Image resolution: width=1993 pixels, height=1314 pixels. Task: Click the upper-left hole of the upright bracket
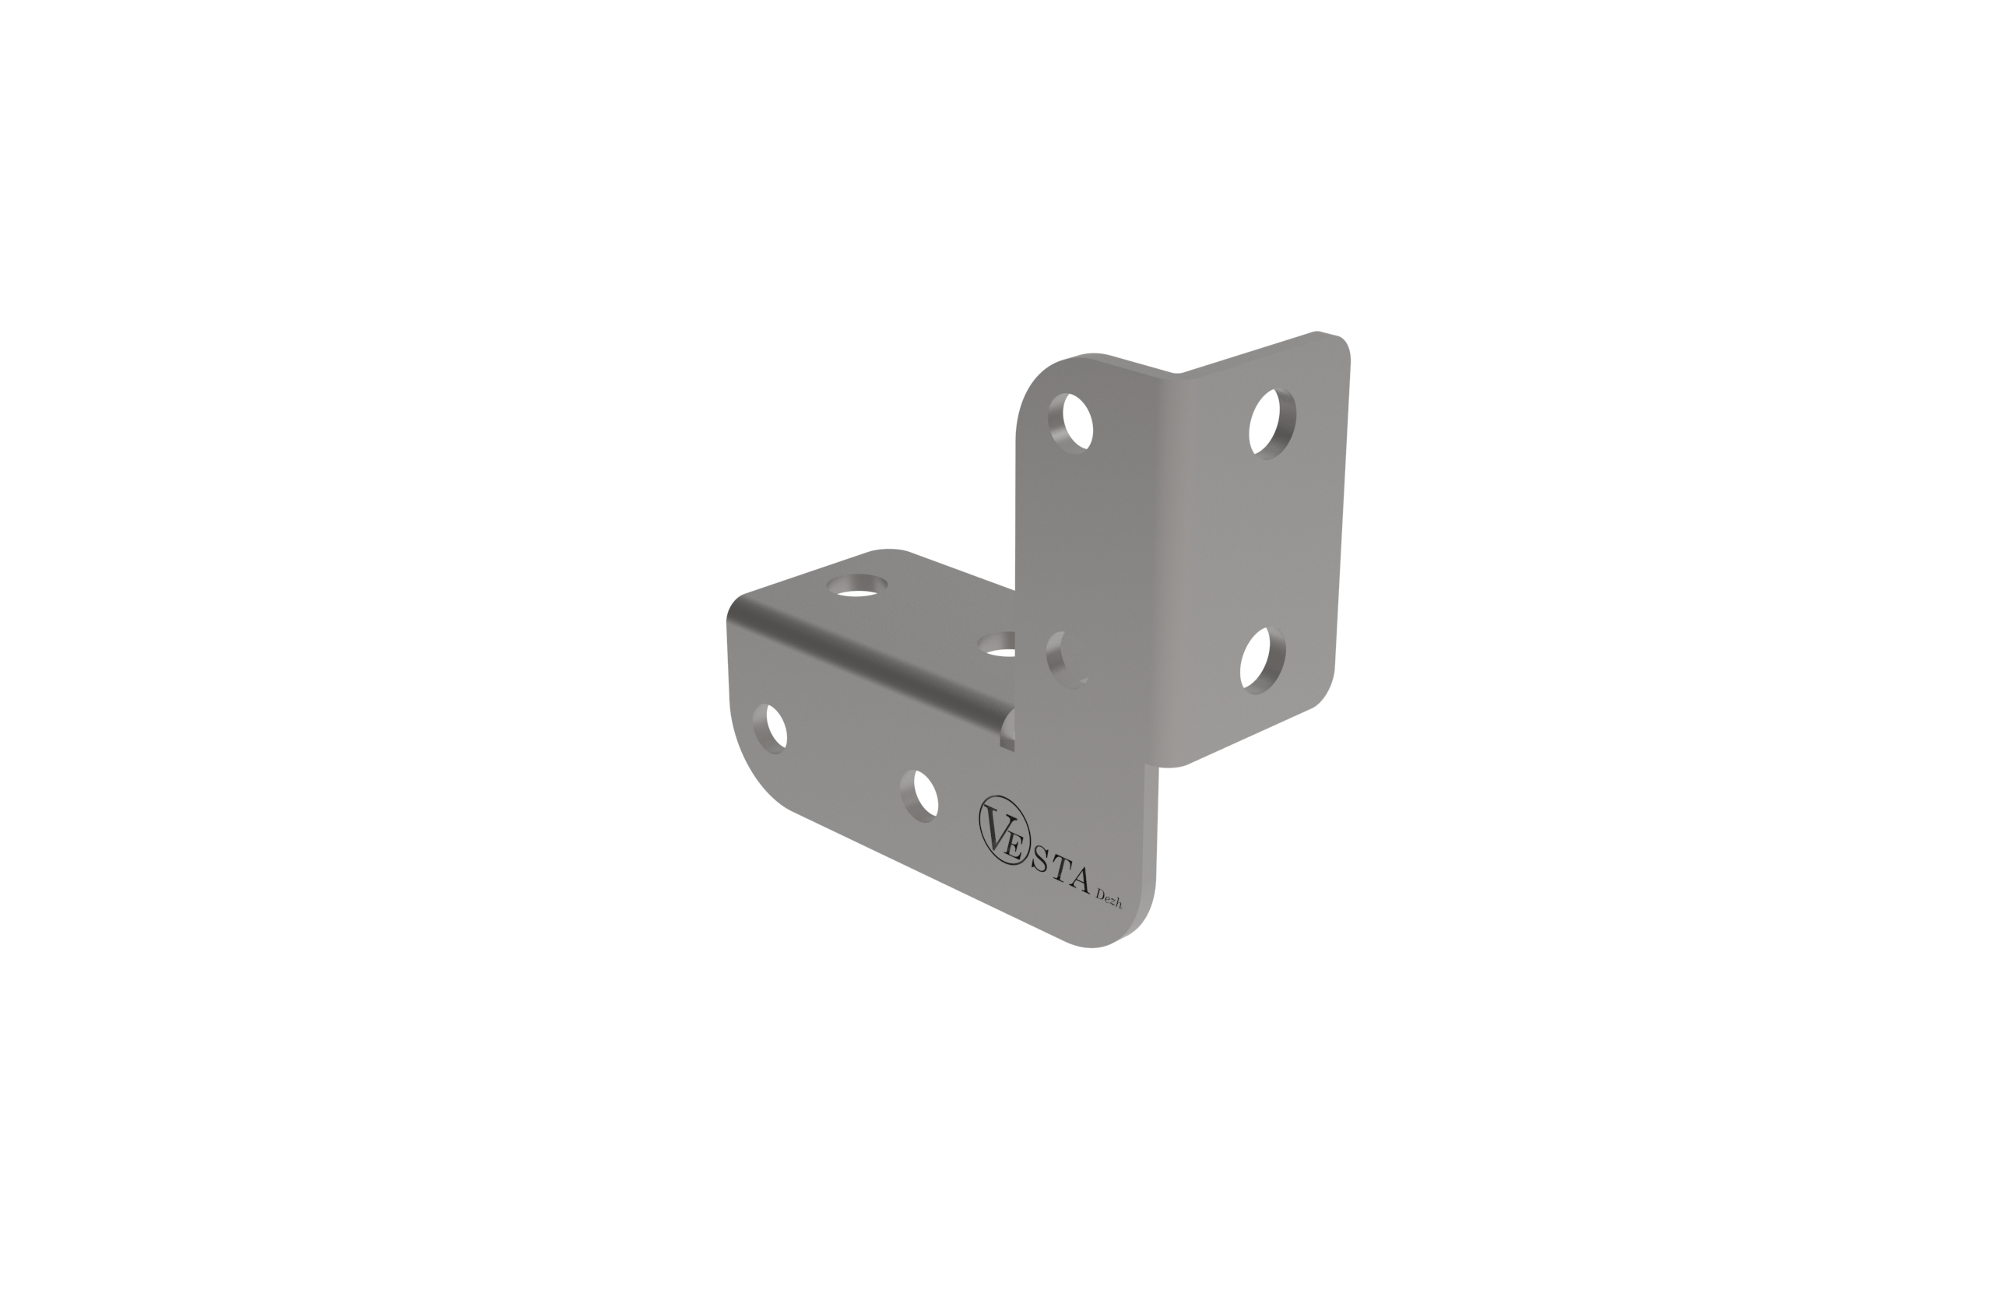tap(1071, 423)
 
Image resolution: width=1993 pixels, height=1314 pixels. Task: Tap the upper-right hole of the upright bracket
tap(1272, 424)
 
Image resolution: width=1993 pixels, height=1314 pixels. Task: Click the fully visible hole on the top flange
tap(856, 585)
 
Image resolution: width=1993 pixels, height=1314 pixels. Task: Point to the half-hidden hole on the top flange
tap(997, 644)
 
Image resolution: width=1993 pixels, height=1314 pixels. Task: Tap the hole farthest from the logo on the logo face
tap(769, 729)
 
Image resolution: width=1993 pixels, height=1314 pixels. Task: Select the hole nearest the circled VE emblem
tap(919, 796)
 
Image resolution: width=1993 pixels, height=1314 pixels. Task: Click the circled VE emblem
tap(1005, 831)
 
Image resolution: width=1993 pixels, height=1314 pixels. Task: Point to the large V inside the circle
tap(996, 828)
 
